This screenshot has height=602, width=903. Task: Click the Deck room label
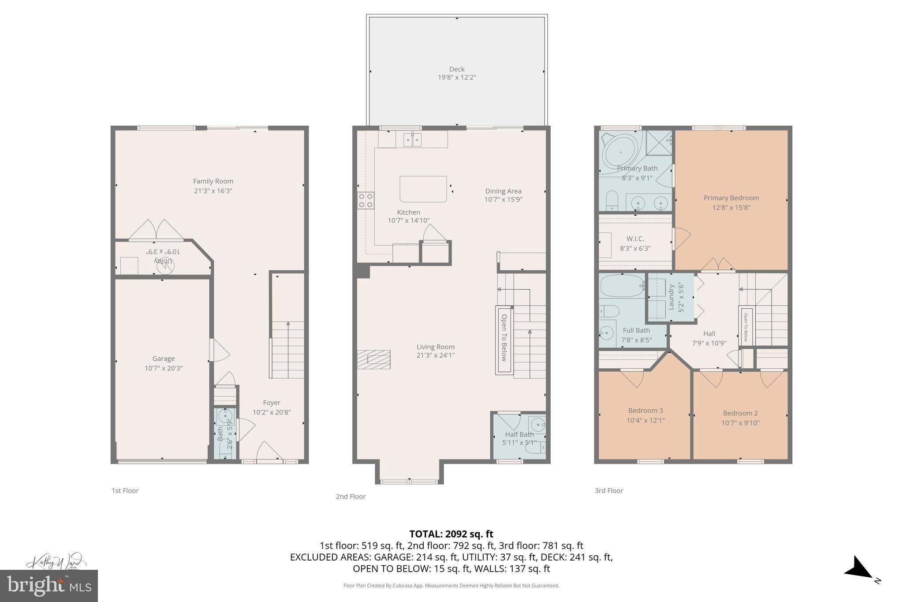pyautogui.click(x=456, y=69)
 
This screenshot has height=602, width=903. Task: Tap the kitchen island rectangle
pyautogui.click(x=423, y=189)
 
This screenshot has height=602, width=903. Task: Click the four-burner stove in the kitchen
pyautogui.click(x=366, y=200)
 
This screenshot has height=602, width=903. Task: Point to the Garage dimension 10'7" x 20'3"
pyautogui.click(x=163, y=368)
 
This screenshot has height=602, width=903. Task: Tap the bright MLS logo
pyautogui.click(x=49, y=586)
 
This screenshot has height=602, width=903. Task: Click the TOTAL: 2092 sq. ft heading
pyautogui.click(x=451, y=534)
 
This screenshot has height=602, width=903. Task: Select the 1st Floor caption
pyautogui.click(x=125, y=490)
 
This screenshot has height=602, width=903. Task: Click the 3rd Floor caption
pyautogui.click(x=608, y=490)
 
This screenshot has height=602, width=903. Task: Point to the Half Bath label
pyautogui.click(x=519, y=434)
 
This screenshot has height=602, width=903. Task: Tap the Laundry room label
pyautogui.click(x=672, y=296)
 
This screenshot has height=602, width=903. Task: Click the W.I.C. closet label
pyautogui.click(x=635, y=239)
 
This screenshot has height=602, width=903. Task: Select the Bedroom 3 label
pyautogui.click(x=646, y=411)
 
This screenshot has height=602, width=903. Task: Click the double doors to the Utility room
pyautogui.click(x=156, y=230)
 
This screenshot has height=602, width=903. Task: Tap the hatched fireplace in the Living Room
pyautogui.click(x=373, y=359)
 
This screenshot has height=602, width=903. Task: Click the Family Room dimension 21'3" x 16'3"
pyautogui.click(x=213, y=191)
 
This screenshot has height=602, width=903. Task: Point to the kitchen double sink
pyautogui.click(x=412, y=140)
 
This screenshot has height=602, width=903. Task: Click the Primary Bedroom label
pyautogui.click(x=731, y=198)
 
